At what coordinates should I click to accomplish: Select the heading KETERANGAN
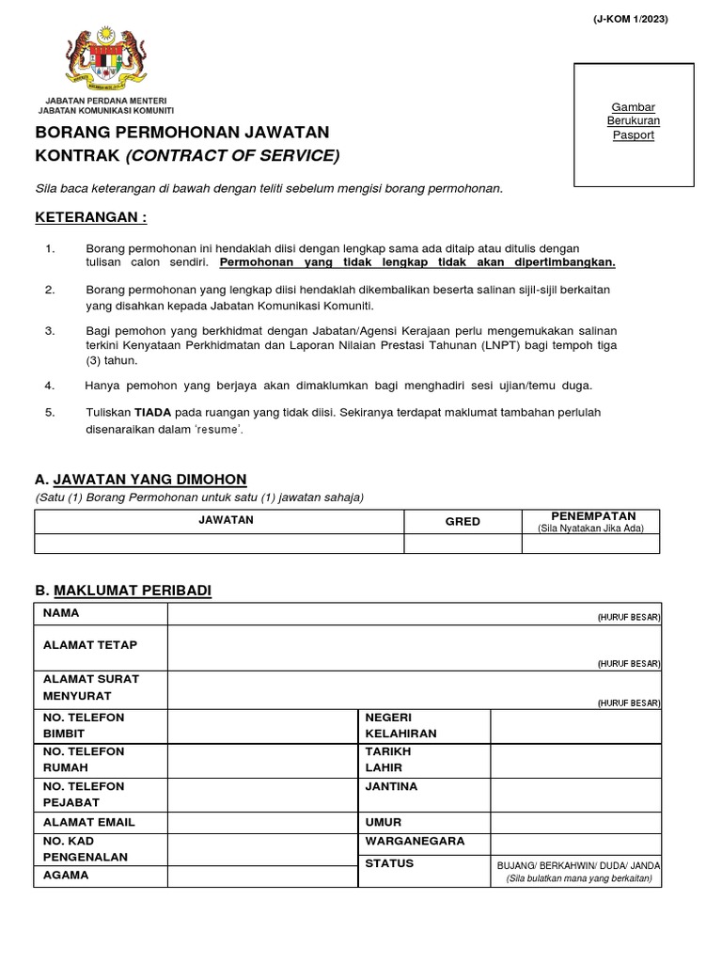(x=91, y=218)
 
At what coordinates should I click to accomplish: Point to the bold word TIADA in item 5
(x=152, y=412)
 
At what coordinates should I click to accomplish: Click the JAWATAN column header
(x=219, y=521)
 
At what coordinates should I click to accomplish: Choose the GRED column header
(x=462, y=521)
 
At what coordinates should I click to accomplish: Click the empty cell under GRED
(x=462, y=544)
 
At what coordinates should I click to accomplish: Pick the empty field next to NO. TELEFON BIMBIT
(x=262, y=725)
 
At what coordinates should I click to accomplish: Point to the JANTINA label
(x=391, y=786)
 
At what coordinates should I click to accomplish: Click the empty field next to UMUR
(x=575, y=822)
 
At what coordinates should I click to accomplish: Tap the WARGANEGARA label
(x=415, y=841)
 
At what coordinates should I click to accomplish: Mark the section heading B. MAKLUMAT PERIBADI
(x=123, y=590)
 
